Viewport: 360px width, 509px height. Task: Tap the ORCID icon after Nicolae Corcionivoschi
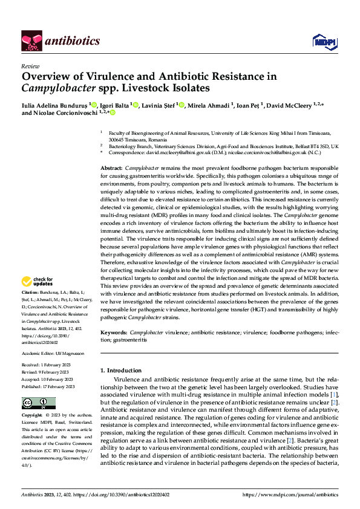pos(112,113)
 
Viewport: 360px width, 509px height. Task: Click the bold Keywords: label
pos(114,332)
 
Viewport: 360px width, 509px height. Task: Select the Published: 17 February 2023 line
pos(48,386)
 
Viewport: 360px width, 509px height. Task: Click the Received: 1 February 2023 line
pos(48,366)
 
